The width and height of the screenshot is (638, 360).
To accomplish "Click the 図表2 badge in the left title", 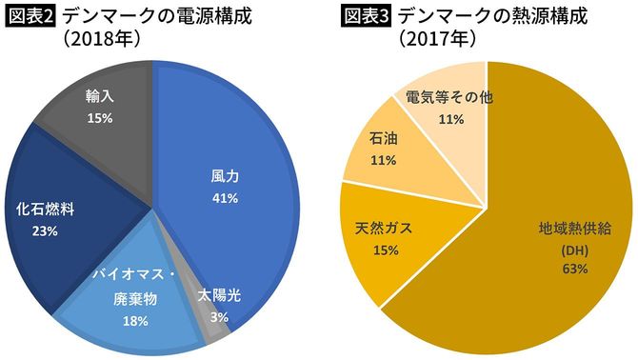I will coord(30,17).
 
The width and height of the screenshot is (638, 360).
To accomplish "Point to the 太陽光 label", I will coord(220,295).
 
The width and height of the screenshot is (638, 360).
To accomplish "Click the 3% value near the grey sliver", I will coord(219,316).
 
